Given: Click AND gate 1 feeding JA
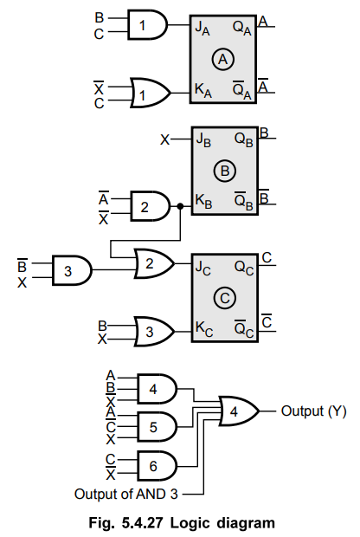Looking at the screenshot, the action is click(147, 24).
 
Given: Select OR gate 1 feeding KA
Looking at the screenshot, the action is click(150, 93).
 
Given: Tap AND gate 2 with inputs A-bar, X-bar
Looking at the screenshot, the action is click(151, 206).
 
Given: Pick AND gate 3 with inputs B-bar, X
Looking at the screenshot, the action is click(72, 270).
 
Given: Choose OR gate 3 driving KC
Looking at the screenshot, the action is click(155, 332).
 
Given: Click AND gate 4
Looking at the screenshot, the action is click(157, 389).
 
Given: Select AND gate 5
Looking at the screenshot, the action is click(157, 427).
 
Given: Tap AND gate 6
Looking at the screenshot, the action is click(157, 466).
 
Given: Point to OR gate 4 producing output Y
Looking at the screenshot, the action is click(239, 411).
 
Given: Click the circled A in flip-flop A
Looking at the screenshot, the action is click(222, 60).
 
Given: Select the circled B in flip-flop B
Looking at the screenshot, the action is click(225, 171).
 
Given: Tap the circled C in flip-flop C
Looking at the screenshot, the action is click(225, 298).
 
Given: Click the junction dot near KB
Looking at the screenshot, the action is click(180, 206).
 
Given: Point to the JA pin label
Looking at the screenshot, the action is click(202, 29).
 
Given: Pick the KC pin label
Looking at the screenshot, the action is click(204, 329).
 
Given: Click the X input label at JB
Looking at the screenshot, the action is click(165, 139).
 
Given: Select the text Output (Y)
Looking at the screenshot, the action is click(314, 411).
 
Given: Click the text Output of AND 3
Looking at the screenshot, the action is click(126, 494).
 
